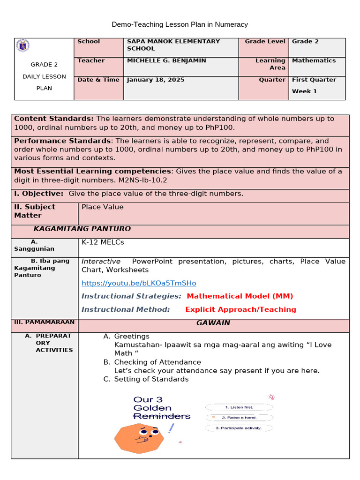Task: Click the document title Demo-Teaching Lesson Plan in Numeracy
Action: pos(180,24)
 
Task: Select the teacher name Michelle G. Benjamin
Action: pos(166,60)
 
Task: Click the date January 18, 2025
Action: pos(156,80)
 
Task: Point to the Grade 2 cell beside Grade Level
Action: pos(305,41)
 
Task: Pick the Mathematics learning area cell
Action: pos(314,60)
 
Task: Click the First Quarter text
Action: pos(314,80)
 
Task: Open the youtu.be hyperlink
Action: pos(139,283)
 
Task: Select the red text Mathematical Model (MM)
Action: pos(240,296)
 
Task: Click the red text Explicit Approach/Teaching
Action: pos(240,309)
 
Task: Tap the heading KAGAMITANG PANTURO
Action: pos(82,229)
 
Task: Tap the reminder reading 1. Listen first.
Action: pos(239,407)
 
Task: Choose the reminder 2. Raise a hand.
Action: pos(239,417)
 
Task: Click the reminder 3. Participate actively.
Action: pos(238,428)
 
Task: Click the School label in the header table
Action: pos(89,41)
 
